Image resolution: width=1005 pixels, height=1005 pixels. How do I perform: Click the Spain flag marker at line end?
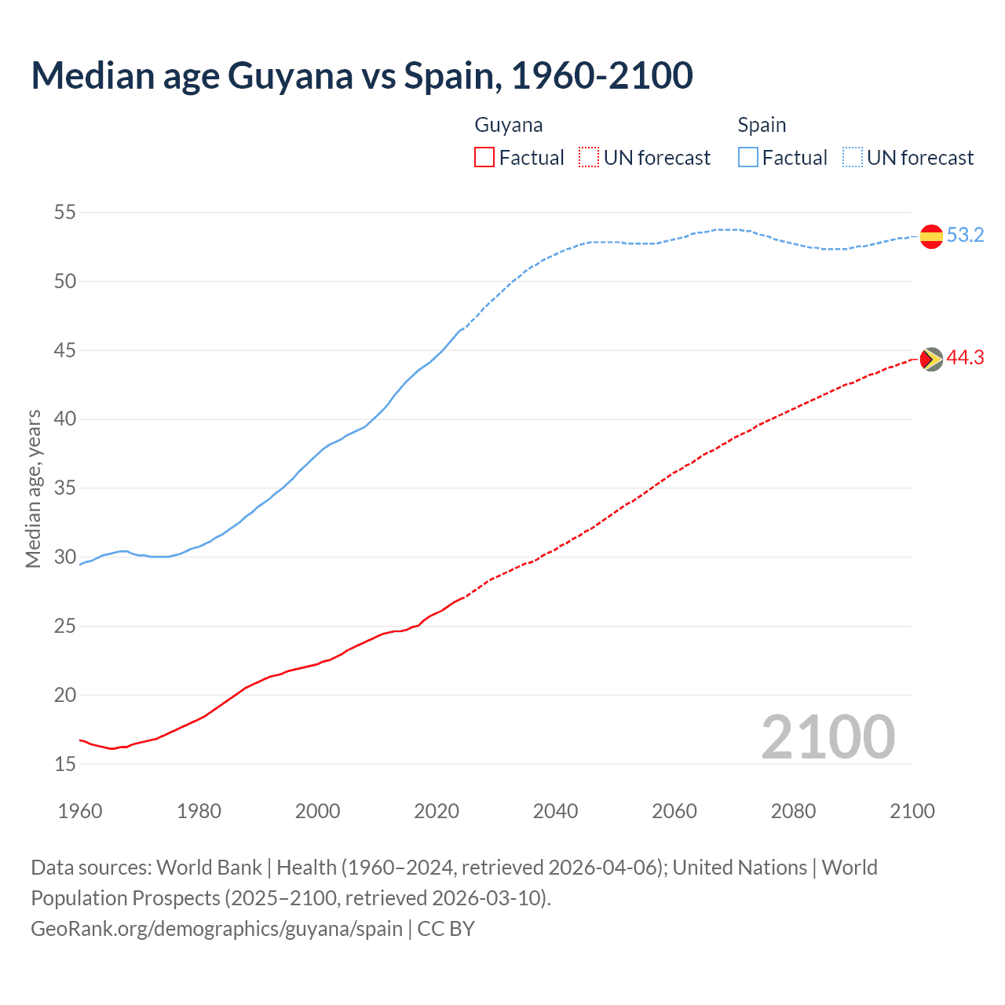[931, 236]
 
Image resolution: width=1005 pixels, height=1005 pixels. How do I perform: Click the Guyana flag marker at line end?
[931, 359]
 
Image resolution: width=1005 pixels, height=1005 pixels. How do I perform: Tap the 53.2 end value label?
[965, 235]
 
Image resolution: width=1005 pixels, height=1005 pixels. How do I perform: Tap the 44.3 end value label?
[965, 357]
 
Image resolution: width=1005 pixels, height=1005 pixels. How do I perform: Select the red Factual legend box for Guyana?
[484, 158]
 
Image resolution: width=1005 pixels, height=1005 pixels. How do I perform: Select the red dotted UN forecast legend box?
[589, 158]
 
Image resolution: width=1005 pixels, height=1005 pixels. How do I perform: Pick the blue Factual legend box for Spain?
[748, 158]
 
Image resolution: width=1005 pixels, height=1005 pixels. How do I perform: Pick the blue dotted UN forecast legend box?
[852, 158]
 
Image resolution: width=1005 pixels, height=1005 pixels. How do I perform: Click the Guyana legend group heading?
[508, 125]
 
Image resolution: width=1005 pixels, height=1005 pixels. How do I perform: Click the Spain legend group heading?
[762, 125]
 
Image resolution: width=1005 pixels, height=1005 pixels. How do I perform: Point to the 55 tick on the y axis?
[65, 212]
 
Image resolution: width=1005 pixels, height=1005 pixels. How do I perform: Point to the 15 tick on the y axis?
[65, 764]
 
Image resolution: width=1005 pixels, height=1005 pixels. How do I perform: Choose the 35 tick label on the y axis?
[65, 488]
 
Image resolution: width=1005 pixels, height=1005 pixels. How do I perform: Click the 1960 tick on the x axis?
[80, 811]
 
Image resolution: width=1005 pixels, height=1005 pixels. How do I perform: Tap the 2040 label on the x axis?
[555, 811]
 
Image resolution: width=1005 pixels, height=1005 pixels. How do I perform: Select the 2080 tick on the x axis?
[793, 811]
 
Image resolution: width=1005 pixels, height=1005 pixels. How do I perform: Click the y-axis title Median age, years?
[33, 488]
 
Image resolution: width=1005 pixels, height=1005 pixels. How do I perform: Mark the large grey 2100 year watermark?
[828, 737]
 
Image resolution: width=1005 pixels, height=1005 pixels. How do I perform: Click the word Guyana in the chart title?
[291, 75]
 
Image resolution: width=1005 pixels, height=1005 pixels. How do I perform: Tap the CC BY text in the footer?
[446, 929]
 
